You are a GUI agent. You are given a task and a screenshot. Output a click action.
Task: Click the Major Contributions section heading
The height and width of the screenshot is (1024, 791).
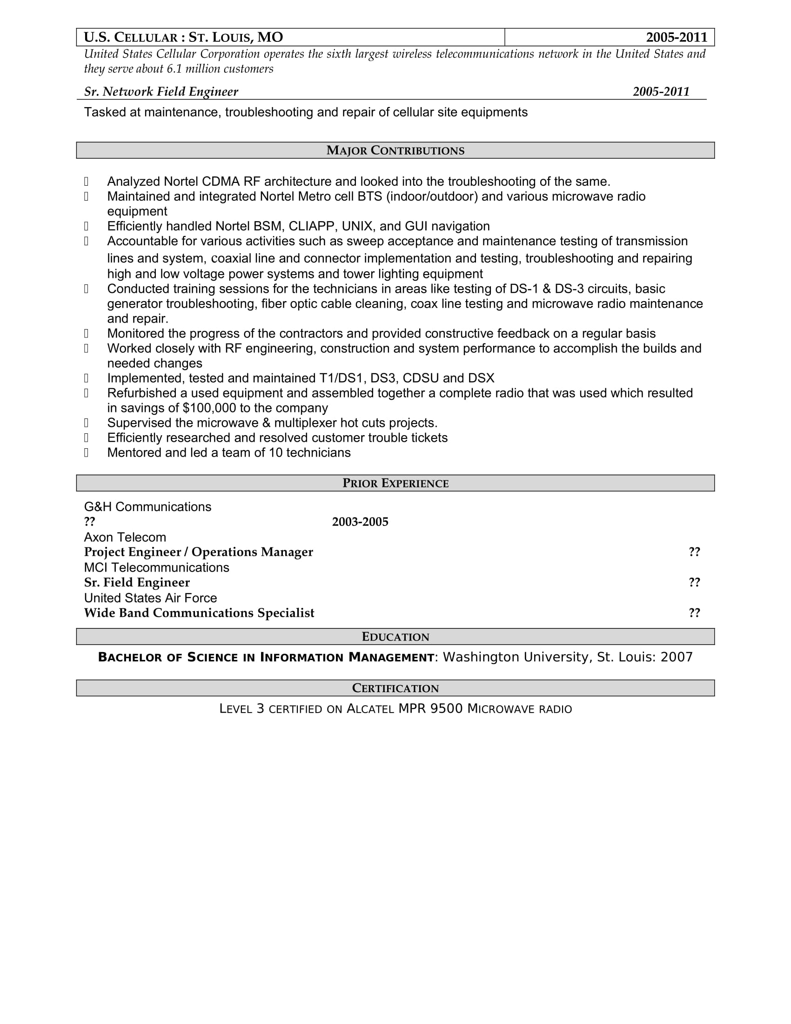(395, 150)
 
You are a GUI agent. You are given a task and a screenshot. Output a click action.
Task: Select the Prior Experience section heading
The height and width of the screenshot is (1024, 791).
(395, 484)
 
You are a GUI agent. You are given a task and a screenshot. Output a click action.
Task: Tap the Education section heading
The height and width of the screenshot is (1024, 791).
(395, 637)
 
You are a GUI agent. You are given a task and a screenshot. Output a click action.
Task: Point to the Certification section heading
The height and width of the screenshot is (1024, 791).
(395, 688)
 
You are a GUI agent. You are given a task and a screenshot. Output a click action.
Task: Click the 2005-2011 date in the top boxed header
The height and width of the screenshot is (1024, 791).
(676, 38)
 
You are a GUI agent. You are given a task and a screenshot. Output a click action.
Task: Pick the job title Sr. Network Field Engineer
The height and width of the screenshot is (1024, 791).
(161, 92)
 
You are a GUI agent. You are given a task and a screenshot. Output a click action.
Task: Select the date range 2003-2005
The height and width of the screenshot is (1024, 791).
(360, 522)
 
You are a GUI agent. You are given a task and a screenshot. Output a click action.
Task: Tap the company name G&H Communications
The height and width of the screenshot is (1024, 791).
(147, 507)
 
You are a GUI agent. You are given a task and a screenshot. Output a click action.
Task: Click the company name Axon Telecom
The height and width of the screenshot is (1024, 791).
(125, 537)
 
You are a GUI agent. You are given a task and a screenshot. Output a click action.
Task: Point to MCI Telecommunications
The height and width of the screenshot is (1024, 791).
(156, 568)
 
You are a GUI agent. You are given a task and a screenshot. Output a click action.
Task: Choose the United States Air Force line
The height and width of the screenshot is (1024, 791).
(150, 598)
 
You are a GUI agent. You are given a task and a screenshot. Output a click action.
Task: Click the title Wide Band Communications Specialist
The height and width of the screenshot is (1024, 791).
(199, 613)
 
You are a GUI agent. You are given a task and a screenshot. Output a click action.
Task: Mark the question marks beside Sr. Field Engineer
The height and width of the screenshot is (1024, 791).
(694, 583)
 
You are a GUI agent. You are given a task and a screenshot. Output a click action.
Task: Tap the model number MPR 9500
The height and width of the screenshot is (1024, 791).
(430, 709)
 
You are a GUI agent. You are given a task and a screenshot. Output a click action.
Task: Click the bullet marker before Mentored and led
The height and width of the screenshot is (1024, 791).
(86, 453)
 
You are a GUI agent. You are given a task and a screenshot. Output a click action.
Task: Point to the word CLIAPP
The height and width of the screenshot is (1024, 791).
(311, 227)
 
